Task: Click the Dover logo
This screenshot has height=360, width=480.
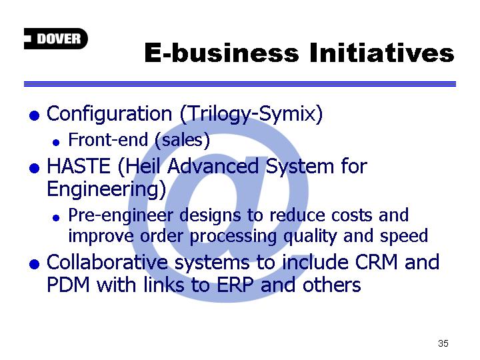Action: [x=56, y=39]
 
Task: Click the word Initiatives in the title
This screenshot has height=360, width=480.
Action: [x=381, y=53]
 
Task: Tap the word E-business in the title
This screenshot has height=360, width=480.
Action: [x=221, y=53]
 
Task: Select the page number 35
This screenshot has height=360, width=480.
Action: [x=443, y=343]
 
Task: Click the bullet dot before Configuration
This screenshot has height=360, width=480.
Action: [x=34, y=116]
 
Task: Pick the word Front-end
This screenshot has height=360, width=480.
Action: [x=108, y=139]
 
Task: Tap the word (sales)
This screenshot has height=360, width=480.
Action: [x=182, y=141]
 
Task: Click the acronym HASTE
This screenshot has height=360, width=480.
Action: [x=79, y=166]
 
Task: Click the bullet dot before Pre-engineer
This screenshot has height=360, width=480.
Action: [x=56, y=217]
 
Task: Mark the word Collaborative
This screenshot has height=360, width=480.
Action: [x=107, y=263]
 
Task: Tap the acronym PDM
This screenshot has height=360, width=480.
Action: [x=68, y=285]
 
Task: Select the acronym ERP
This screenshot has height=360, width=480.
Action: [x=235, y=285]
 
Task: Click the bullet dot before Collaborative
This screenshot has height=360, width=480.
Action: [x=34, y=264]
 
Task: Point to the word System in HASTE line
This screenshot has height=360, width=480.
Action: [x=299, y=167]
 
